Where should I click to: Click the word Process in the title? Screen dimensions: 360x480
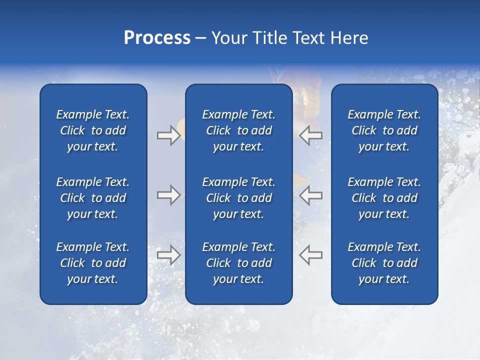coord(157,38)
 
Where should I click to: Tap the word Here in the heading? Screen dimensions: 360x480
coord(349,38)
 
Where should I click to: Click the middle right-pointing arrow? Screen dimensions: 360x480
coord(168,195)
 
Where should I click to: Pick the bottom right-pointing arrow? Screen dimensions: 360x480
coord(168,254)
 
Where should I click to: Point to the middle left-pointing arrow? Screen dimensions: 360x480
coord(311,195)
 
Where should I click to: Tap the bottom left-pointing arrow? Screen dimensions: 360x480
coord(311,254)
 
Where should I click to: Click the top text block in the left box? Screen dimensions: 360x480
coord(93,130)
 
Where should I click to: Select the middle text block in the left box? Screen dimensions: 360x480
coord(93,198)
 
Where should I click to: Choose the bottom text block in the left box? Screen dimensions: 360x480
coord(93,263)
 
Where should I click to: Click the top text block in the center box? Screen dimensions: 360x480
coord(238,130)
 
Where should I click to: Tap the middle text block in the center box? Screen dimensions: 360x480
coord(238,198)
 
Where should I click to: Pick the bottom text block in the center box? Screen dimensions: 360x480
coord(238,263)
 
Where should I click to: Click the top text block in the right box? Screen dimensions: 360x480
coord(384,130)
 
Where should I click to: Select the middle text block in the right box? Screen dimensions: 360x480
coord(384,198)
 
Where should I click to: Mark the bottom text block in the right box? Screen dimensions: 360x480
coord(384,263)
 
